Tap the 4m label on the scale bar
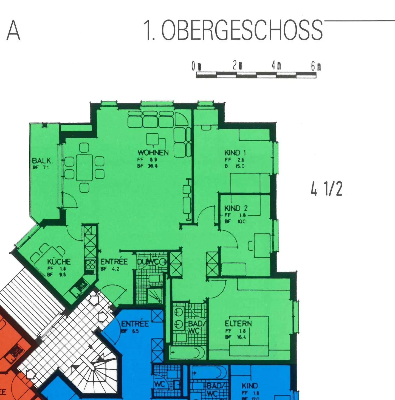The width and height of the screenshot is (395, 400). point(276,66)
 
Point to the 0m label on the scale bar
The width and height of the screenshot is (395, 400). point(196,66)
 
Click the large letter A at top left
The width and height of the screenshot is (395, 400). point(13,31)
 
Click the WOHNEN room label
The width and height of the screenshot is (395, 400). point(153,153)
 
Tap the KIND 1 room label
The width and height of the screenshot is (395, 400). point(235,153)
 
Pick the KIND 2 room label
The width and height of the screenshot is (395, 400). point(236,208)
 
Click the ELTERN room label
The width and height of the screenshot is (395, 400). point(238,323)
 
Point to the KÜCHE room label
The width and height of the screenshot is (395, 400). point(59,262)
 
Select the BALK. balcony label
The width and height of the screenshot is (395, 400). point(42,161)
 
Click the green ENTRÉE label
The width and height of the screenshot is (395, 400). point(114,262)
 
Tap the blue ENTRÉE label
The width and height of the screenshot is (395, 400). point(135,324)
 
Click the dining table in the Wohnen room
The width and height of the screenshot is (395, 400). point(84,167)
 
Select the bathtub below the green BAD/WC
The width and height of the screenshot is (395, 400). point(187,353)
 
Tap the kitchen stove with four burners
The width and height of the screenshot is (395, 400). point(90,265)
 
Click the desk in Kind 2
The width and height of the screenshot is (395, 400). point(262,245)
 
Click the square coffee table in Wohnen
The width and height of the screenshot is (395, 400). point(153,139)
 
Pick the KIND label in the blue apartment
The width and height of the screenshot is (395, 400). point(250,386)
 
